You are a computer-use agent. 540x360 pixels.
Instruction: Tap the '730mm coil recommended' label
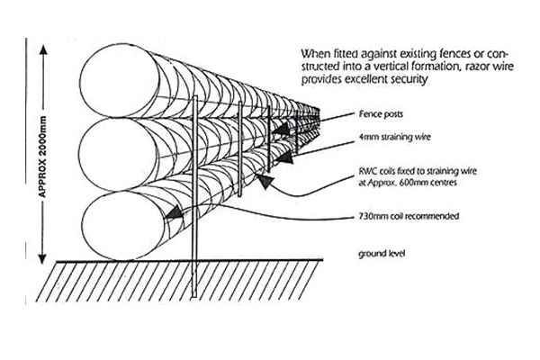coord(399,218)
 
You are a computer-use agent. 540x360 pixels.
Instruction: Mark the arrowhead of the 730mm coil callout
coord(167,214)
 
